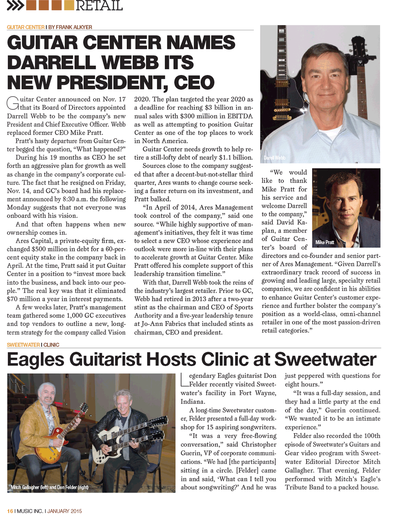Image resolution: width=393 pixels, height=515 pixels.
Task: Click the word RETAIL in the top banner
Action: coord(99,6)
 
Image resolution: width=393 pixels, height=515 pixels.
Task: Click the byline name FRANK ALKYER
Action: coord(74,27)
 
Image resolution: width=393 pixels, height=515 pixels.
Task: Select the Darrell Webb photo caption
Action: coord(274,158)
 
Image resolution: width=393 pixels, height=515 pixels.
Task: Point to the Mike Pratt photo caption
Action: coord(325,242)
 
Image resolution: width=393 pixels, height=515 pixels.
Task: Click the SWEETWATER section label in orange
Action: coord(23,345)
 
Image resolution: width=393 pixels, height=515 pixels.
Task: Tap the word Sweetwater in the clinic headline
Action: coord(325,359)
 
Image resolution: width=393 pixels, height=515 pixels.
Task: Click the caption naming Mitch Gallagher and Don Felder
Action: coord(50,487)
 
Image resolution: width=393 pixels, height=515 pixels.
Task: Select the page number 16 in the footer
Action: coord(10,511)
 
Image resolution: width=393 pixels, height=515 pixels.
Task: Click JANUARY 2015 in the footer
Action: coord(65,511)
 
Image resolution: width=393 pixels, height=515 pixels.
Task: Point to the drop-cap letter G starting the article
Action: coord(13,103)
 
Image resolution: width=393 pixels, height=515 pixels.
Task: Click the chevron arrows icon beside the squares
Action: coord(15,6)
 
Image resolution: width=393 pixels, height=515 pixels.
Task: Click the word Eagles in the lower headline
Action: coord(35,359)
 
